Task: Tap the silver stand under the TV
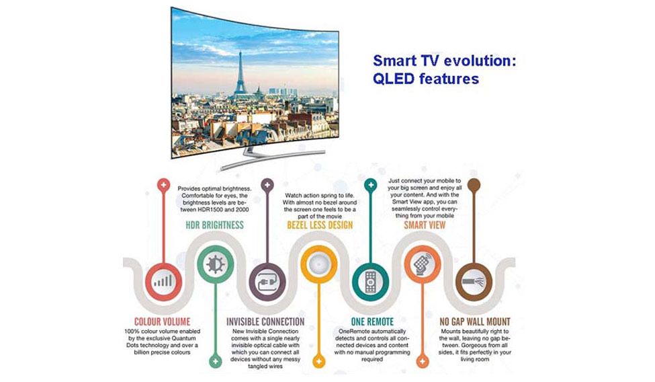(x=271, y=157)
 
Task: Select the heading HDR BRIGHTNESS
(x=215, y=225)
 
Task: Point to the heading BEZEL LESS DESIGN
(x=320, y=225)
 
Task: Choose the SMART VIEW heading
(x=425, y=225)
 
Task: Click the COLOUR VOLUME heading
(x=162, y=321)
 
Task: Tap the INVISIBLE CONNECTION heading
(x=265, y=321)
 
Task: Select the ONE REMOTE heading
(x=372, y=321)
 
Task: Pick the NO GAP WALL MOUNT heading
(x=475, y=321)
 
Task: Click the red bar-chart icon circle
(x=163, y=282)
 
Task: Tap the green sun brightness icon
(x=216, y=264)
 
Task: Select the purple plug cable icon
(x=267, y=282)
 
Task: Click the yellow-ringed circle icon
(x=319, y=264)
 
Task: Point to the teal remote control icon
(x=371, y=282)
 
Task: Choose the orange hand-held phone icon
(x=423, y=264)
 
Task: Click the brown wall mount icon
(x=474, y=282)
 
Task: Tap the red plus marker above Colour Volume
(x=163, y=184)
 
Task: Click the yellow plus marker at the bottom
(x=319, y=361)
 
